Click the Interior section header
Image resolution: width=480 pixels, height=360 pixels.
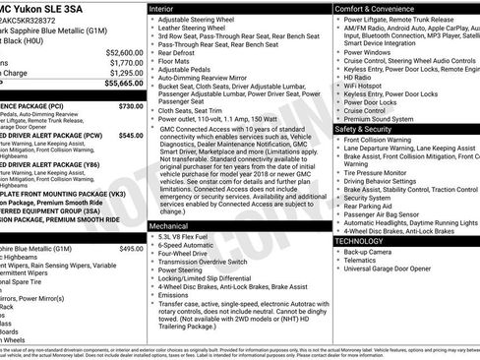click(x=168, y=8)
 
